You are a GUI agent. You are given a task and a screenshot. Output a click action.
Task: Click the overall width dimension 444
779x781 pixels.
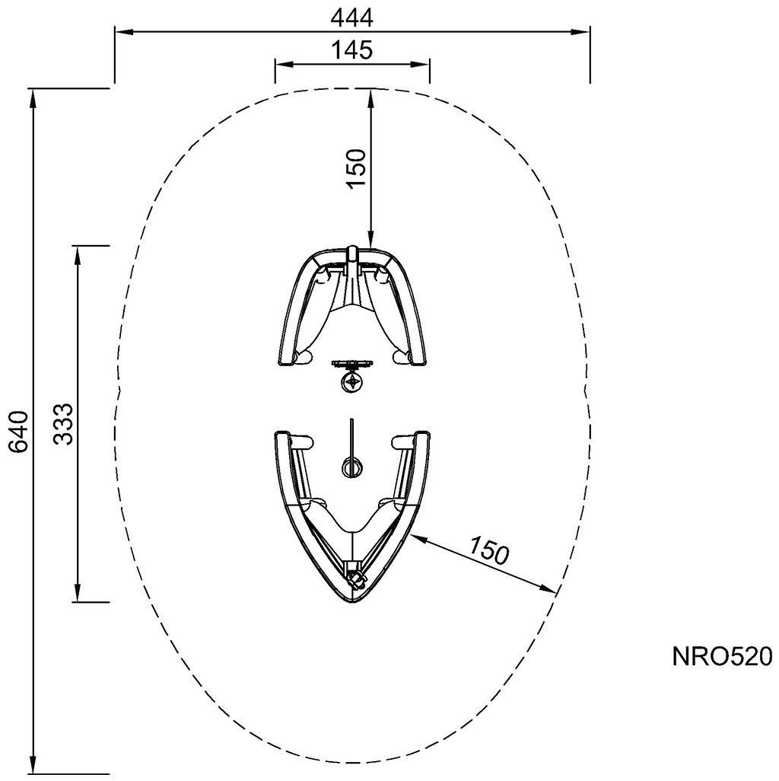point(352,16)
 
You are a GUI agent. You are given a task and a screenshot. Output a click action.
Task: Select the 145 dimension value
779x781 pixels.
point(352,50)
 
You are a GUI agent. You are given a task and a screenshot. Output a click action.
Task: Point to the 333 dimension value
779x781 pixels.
point(64,423)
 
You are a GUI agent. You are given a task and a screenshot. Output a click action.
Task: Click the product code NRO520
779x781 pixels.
point(722,656)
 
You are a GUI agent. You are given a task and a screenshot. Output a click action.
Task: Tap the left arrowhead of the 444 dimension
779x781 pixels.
point(120,31)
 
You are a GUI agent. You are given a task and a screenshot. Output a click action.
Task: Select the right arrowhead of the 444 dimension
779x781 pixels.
point(584,31)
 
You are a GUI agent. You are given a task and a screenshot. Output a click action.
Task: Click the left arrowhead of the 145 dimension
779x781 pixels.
point(280,65)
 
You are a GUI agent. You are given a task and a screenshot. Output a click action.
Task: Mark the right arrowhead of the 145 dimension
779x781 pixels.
point(424,65)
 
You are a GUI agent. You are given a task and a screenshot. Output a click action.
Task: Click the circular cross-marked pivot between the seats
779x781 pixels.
point(351,381)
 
